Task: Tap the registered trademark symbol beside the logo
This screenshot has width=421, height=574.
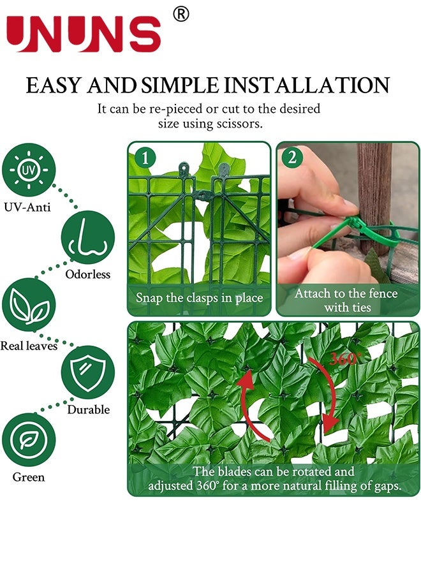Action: tap(181, 14)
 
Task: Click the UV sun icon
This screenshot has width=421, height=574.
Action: tap(29, 170)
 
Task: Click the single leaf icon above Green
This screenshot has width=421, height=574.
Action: tap(29, 439)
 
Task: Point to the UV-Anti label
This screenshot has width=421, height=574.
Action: tap(28, 207)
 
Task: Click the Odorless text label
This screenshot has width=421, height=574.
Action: tap(88, 275)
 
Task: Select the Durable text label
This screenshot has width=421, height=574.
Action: tap(88, 409)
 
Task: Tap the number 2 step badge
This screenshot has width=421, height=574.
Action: tap(292, 158)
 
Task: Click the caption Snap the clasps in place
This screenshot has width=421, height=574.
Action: tap(199, 298)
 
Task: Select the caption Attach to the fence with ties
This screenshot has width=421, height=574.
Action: tap(346, 300)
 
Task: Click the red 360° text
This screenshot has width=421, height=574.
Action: tap(345, 359)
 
